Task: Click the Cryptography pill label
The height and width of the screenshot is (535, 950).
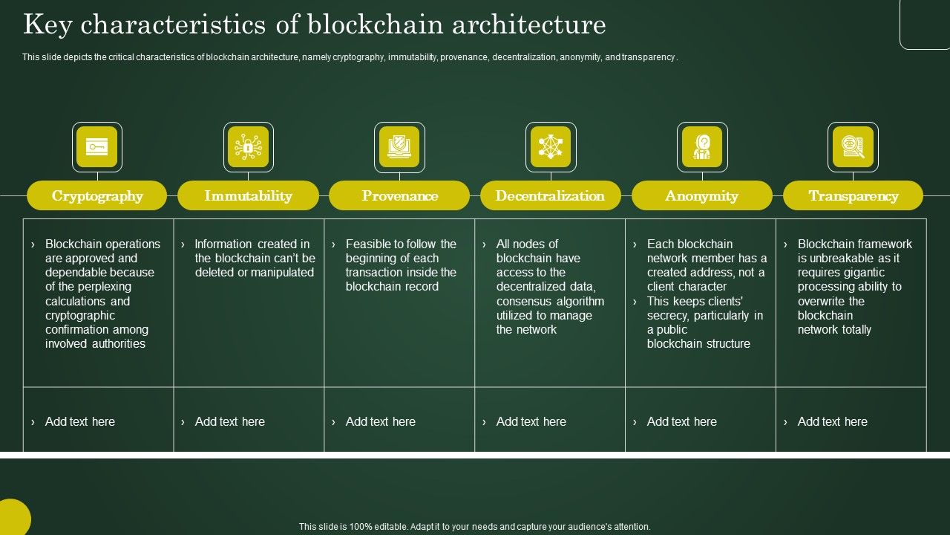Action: click(97, 196)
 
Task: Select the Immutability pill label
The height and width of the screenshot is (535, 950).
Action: click(248, 196)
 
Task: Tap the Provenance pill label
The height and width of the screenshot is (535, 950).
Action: click(399, 196)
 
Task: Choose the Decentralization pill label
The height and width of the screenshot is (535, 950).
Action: click(550, 196)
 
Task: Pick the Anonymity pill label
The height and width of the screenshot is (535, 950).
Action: click(701, 196)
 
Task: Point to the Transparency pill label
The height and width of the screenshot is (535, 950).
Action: click(853, 196)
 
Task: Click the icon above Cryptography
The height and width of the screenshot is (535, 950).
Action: click(97, 147)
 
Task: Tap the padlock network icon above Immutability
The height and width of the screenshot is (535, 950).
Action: click(248, 147)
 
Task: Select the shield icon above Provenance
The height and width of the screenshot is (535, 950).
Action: click(399, 147)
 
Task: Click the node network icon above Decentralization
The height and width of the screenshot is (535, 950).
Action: click(551, 147)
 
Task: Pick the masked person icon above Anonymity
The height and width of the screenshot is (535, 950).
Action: click(702, 147)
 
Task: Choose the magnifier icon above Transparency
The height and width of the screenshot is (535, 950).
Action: click(853, 147)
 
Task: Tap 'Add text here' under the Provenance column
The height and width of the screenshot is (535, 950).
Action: click(380, 421)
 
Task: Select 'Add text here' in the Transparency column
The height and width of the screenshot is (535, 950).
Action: click(832, 421)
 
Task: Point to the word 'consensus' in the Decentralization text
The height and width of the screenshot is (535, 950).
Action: click(523, 301)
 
